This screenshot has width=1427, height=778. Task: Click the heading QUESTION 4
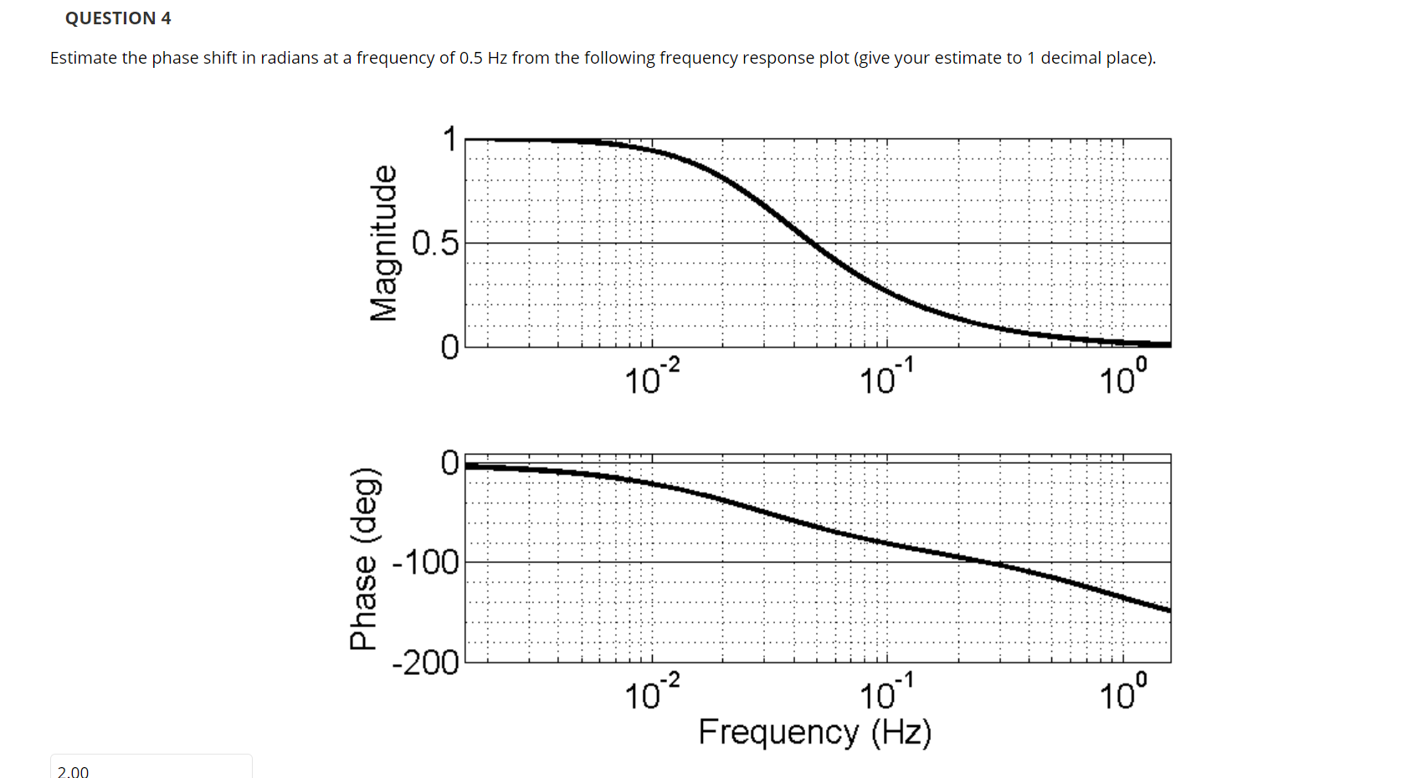point(118,18)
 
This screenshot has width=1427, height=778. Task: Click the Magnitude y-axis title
point(384,243)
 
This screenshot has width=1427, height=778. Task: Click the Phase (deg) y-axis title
point(365,559)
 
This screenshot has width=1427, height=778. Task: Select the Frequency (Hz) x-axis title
point(814,732)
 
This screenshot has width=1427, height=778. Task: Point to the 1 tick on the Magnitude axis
point(450,140)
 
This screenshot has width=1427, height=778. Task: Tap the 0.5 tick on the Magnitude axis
point(436,244)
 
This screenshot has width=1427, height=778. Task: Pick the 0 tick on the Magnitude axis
point(450,347)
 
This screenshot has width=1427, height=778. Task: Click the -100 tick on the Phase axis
point(426,563)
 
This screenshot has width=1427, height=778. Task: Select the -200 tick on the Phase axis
point(426,663)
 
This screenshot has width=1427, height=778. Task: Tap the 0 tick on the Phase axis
point(450,462)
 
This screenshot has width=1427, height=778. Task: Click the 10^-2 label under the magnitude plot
point(652,378)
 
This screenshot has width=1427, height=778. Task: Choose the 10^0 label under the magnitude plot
point(1122,378)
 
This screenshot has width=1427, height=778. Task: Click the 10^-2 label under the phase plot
point(652,693)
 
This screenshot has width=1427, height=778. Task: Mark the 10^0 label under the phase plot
point(1122,693)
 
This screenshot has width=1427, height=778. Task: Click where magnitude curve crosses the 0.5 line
point(814,243)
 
